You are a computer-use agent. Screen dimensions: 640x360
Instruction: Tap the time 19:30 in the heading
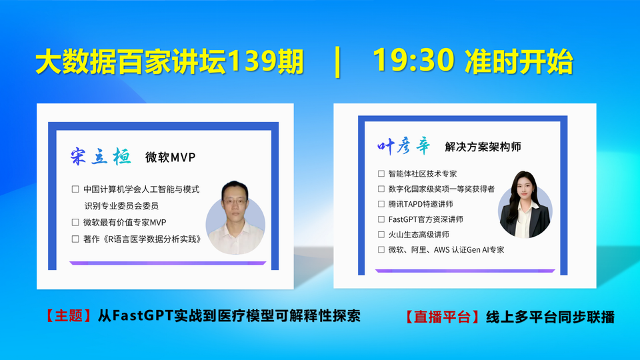[413, 61]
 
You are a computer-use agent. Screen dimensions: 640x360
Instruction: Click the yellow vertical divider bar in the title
[337, 62]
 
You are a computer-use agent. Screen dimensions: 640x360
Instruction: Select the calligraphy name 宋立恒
[101, 156]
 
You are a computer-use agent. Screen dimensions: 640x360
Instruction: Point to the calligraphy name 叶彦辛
[404, 146]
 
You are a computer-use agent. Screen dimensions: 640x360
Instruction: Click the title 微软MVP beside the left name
[170, 157]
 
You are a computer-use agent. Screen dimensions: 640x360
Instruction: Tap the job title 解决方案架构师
[483, 147]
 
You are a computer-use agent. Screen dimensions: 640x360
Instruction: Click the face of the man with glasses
[235, 202]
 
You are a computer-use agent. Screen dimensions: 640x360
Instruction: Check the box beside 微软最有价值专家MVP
[75, 223]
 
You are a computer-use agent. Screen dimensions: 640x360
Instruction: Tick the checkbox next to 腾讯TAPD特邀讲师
[381, 204]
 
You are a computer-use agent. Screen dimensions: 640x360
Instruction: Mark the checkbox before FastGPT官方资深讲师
[381, 219]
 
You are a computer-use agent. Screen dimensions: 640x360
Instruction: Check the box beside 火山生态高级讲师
[381, 234]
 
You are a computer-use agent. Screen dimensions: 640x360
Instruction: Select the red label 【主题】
[69, 316]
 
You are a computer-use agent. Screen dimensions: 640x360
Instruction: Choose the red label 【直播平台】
[442, 317]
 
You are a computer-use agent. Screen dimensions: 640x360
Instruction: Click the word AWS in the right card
[441, 250]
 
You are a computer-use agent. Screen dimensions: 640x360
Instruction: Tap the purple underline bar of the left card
[168, 263]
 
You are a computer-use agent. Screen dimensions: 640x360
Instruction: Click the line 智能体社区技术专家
[423, 174]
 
